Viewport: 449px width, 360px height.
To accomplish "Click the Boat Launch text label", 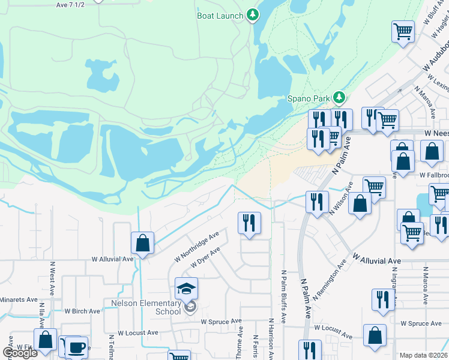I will [220, 16].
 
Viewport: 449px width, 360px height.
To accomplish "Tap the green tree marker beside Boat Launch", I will [253, 15].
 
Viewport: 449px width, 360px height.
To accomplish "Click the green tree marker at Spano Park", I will [339, 97].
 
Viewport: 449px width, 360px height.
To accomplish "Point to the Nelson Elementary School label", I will [146, 307].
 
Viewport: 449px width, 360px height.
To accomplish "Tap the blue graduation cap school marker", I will [187, 289].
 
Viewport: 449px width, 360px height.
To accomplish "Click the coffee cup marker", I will [76, 347].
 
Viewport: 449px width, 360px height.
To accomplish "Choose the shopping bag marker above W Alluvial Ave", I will [142, 244].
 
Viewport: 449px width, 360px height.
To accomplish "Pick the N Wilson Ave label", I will [339, 204].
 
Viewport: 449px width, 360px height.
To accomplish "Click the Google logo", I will [20, 353].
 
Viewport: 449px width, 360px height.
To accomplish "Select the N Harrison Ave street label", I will [271, 339].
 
